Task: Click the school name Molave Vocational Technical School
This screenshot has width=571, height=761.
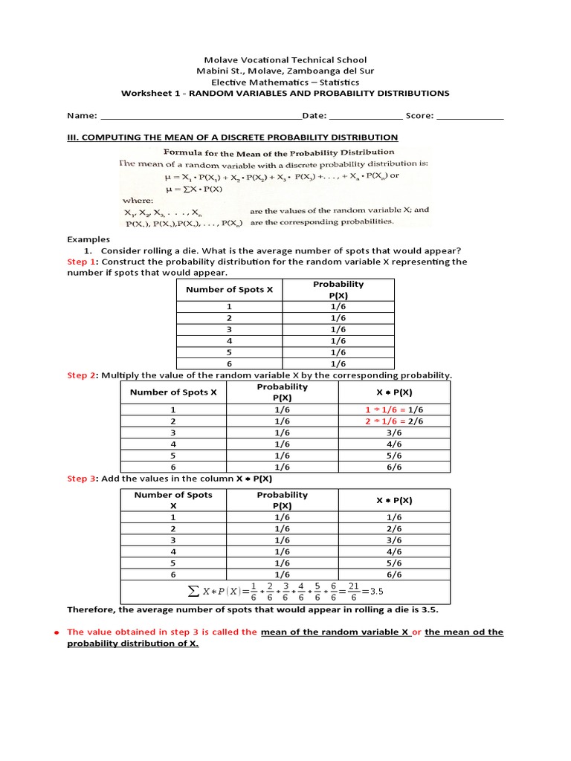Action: point(285,59)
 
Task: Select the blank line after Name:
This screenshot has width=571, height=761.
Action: point(201,116)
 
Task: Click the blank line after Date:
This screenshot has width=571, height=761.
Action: point(365,116)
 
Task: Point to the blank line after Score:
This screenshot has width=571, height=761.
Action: point(470,116)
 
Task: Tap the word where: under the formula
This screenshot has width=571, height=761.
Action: point(139,200)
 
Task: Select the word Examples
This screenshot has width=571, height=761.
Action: point(88,239)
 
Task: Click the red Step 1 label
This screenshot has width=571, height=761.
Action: point(82,262)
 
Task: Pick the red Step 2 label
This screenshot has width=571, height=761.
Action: point(82,376)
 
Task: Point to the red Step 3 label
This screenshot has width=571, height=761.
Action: point(82,479)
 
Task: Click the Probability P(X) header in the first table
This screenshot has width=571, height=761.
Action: point(338,289)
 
